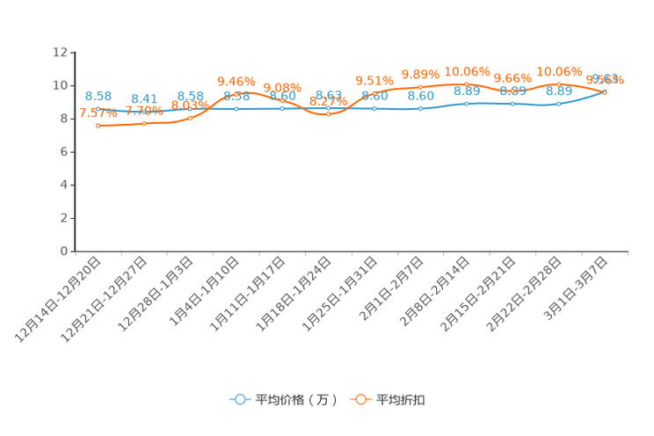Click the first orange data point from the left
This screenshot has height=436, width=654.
(98, 126)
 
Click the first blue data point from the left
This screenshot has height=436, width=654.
(98, 110)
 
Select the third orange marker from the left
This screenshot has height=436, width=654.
(191, 118)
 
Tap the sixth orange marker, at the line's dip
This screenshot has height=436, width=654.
(329, 114)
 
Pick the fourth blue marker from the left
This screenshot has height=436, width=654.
(236, 108)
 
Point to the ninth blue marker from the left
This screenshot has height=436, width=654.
(467, 103)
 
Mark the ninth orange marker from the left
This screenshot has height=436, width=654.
(467, 84)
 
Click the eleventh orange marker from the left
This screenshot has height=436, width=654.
(559, 84)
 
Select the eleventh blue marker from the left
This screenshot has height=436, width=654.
(559, 103)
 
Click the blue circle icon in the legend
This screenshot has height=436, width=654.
(238, 399)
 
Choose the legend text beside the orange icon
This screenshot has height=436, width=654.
(402, 400)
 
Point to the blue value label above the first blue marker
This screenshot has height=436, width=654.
(98, 95)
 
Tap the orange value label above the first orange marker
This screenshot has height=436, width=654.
(98, 113)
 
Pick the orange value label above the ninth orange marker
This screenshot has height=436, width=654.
(467, 69)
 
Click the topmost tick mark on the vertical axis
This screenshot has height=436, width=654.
(71, 52)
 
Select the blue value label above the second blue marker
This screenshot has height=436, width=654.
(144, 98)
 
